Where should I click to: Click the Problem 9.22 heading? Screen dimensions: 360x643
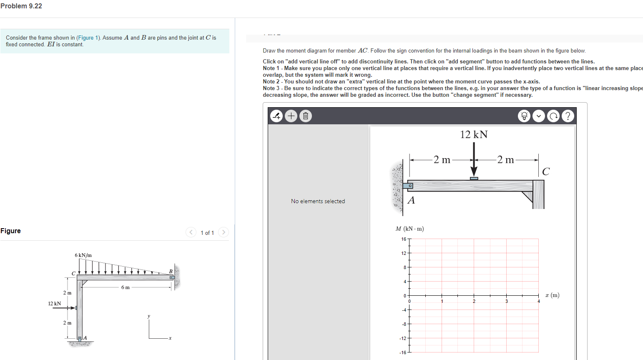(21, 6)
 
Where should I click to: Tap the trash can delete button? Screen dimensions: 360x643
(306, 116)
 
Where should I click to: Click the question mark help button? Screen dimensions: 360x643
(568, 116)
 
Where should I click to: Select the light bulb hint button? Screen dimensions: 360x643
(524, 116)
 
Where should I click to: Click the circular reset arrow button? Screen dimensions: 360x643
(553, 116)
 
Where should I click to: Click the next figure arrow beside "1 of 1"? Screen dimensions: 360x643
(224, 232)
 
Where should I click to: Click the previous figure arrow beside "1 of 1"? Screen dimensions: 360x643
(191, 232)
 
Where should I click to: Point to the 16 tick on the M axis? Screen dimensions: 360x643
(404, 239)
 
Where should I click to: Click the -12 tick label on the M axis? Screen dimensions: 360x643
(403, 338)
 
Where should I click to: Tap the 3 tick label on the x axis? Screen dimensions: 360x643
(507, 301)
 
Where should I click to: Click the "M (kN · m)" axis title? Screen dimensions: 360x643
(409, 229)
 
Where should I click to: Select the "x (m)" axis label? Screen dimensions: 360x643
(552, 295)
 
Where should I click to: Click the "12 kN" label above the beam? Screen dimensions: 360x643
(474, 134)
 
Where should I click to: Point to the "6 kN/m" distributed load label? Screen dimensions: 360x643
(83, 255)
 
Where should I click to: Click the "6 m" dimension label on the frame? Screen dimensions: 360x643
(126, 287)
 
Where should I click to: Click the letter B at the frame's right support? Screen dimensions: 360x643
(171, 272)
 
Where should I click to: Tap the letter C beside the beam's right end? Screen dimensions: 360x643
(546, 171)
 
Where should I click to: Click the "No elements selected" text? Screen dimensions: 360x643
(318, 201)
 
